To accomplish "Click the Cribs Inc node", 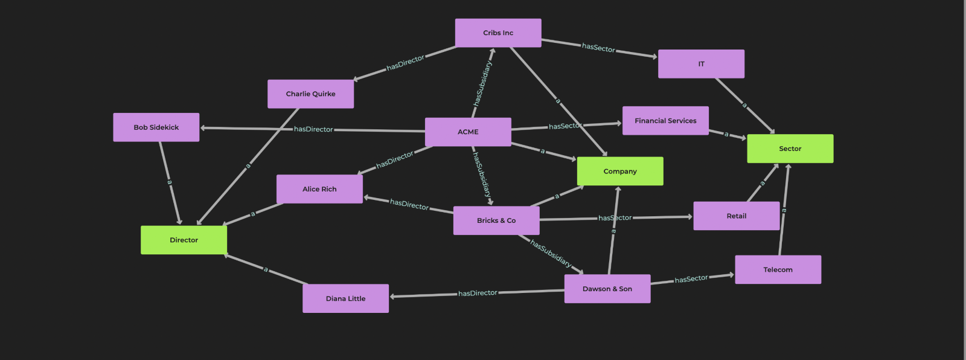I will pos(498,33).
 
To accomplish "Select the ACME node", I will pos(468,132).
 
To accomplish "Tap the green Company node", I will pos(620,171).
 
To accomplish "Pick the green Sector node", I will pos(790,149).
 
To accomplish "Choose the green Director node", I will pos(184,240).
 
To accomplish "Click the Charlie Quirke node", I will pos(310,94).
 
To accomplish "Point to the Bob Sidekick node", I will pos(156,127).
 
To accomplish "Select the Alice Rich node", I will pos(319,189).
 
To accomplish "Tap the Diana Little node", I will pos(345,298).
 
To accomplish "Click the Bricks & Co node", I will pos(496,220).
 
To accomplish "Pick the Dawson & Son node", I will pos(607,289).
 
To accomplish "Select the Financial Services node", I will pos(665,121).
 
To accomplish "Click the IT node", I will pos(701,64).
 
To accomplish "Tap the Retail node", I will pos(736,216).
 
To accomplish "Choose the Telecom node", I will pos(778,269).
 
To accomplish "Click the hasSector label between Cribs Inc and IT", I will pos(598,48).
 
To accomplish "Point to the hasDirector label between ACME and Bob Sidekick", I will pos(313,129).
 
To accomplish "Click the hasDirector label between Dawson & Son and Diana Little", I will pos(478,293).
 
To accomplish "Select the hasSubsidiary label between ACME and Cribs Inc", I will pos(482,83).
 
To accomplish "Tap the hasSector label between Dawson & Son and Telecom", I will pos(691,279).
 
